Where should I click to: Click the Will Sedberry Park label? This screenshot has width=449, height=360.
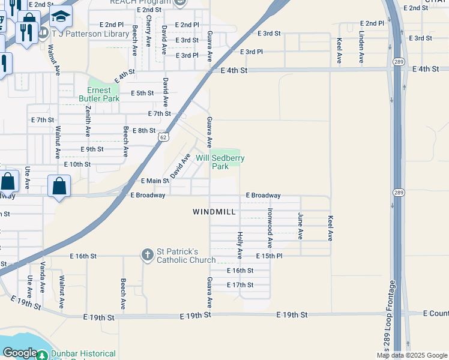tap(220, 162)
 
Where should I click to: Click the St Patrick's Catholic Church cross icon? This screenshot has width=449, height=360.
tap(148, 255)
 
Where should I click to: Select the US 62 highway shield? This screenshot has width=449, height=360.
tap(163, 137)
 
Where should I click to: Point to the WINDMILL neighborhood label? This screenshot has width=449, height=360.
tap(214, 212)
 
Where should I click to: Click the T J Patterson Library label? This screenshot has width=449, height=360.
tap(91, 34)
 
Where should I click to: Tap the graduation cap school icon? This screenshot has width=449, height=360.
tap(61, 18)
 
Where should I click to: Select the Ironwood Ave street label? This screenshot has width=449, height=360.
tap(270, 229)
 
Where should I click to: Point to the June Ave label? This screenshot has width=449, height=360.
tap(300, 226)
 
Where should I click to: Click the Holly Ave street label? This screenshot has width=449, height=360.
tap(240, 245)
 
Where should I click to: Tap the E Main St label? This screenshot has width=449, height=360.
tap(155, 181)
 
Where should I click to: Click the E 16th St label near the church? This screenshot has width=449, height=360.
tap(83, 256)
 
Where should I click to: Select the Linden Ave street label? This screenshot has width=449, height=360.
tap(361, 48)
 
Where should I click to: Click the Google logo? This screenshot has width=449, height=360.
tap(20, 353)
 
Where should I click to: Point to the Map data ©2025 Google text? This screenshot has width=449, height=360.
tap(412, 355)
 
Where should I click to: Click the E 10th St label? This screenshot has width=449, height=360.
tap(77, 164)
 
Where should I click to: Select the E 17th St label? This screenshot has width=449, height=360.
tap(240, 285)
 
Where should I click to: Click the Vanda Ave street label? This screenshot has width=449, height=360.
tap(43, 277)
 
